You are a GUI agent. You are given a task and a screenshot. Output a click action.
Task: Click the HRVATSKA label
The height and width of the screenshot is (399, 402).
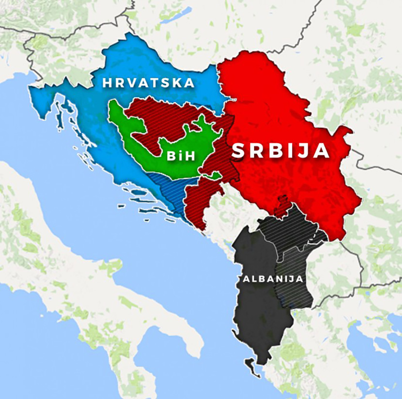pos(148,83)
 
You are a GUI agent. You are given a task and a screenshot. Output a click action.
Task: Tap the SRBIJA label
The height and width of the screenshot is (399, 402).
pos(281,151)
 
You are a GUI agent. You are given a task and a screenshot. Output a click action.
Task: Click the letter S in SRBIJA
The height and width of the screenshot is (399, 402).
pos(239,151)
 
